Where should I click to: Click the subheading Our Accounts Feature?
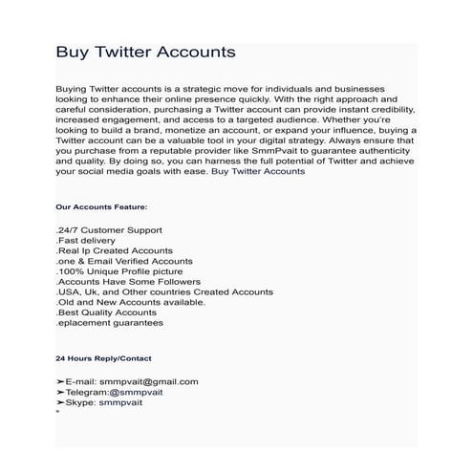point(102,205)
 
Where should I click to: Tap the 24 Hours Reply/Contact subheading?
point(103,358)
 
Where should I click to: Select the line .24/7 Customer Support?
point(109,230)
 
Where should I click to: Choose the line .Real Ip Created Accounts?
point(115,250)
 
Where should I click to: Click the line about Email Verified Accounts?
point(124,261)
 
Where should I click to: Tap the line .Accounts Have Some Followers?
point(128,282)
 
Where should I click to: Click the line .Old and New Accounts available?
point(131,302)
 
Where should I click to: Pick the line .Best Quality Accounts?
point(106,312)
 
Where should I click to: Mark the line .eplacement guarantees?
point(110,323)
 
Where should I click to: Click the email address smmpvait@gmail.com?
point(154,382)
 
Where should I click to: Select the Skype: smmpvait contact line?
point(105,403)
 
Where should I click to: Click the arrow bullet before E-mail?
point(60,382)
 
